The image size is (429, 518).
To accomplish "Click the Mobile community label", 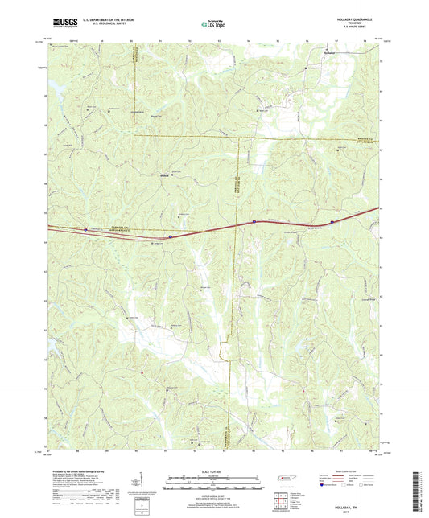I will point(163,174).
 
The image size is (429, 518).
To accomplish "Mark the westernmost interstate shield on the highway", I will point(85,228).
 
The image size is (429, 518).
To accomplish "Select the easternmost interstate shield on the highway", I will point(332,222).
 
